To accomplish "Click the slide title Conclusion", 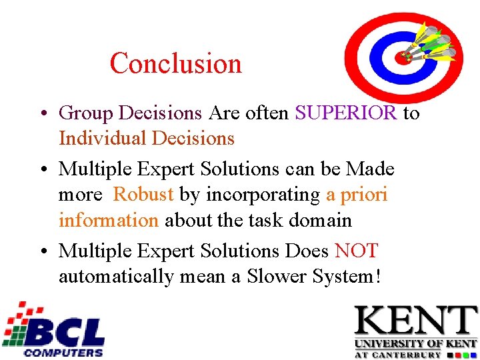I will [x=175, y=64].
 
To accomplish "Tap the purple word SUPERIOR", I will [x=345, y=113].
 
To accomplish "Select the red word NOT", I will [x=356, y=251].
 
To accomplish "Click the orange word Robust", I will [x=143, y=195].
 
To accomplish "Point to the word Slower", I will [x=276, y=276].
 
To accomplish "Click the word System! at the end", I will [x=347, y=276].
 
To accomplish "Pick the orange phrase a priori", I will [x=356, y=195].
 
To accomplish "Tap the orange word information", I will [x=108, y=220].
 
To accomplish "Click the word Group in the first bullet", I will [x=86, y=114].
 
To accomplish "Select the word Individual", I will [x=103, y=139].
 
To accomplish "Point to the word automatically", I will [x=115, y=276].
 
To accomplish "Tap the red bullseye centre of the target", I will [x=403, y=57].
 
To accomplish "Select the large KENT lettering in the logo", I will [x=415, y=321].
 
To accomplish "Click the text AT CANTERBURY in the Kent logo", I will [x=415, y=355].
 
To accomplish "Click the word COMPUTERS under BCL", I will [x=63, y=352].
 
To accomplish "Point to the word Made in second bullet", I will [x=370, y=169].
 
